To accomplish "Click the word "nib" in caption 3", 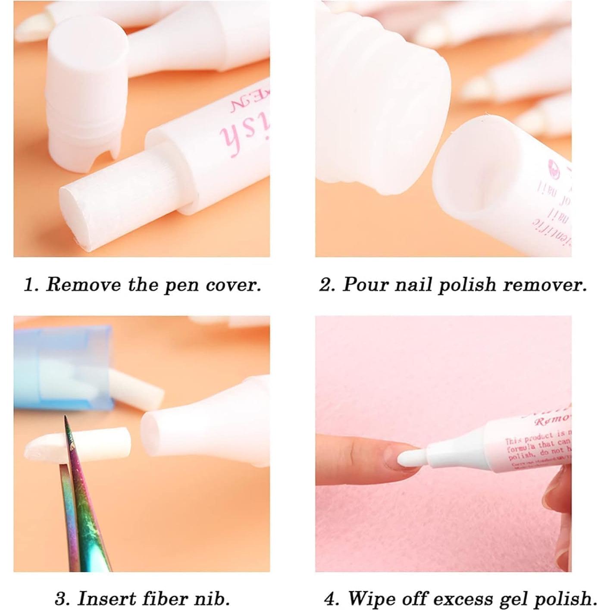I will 213,598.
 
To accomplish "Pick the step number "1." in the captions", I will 31,285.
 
